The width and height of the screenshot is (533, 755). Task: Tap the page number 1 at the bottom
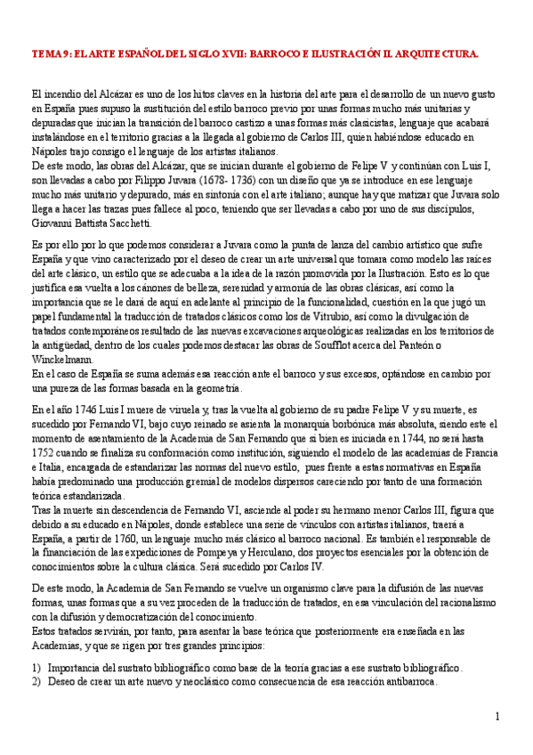pyautogui.click(x=497, y=718)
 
